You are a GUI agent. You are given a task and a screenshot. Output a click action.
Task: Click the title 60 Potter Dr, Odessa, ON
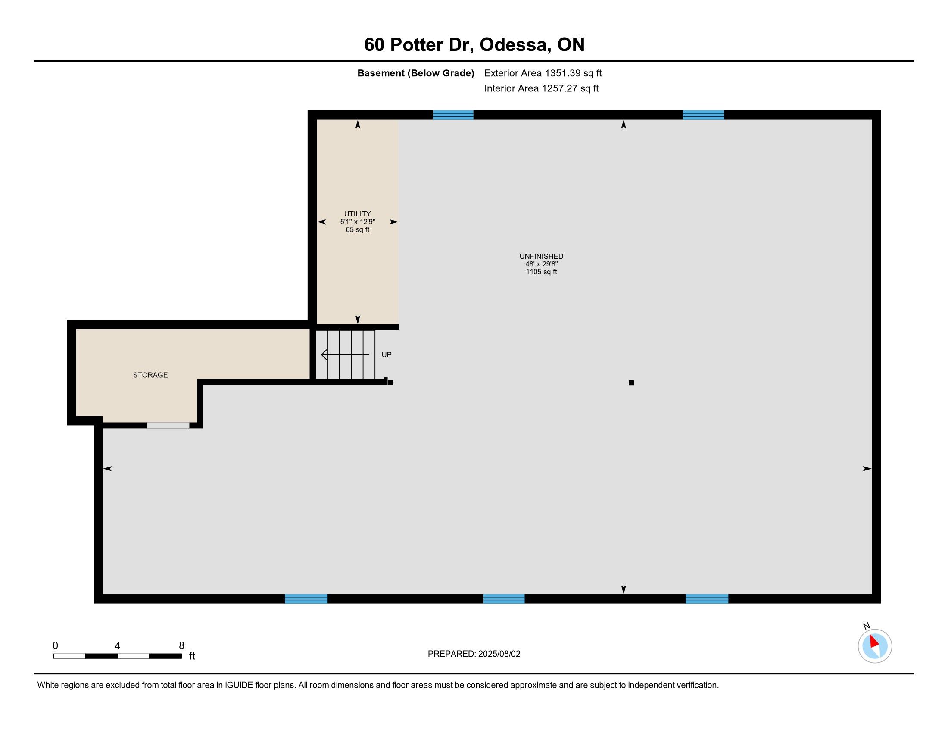coord(474,45)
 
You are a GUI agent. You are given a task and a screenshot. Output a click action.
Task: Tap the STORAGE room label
coord(150,375)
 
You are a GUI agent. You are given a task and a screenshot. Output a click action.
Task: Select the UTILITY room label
coord(357,213)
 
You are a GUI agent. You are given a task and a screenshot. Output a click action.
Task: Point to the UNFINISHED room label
coord(541,256)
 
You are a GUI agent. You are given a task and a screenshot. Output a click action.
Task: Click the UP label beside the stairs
coord(387,354)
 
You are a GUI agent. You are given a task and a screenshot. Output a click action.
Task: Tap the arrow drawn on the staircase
coord(345,355)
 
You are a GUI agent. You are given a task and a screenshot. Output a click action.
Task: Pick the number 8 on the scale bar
coord(181,646)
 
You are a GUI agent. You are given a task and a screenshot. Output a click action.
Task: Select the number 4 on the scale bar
coord(117,646)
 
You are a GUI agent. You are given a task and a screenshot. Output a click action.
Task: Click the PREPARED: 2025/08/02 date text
coord(474,654)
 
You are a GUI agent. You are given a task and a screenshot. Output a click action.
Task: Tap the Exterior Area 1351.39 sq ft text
coord(543,73)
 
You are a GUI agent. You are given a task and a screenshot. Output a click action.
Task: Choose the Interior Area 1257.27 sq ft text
coord(541,88)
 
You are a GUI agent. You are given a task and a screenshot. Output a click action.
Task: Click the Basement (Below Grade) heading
coord(415,73)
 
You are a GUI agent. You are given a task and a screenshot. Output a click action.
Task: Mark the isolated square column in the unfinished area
coord(631,382)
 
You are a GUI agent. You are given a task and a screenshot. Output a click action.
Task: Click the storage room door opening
coord(168,425)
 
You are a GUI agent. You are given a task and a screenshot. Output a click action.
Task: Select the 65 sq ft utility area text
coord(357,230)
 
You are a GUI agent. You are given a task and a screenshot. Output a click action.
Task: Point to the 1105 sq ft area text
coord(541,272)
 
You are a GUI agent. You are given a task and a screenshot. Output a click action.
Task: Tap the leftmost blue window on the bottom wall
coord(306,598)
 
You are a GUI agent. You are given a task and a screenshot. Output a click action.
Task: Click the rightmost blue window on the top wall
coord(703,115)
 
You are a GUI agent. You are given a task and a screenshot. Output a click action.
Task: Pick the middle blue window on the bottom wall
coord(503,598)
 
